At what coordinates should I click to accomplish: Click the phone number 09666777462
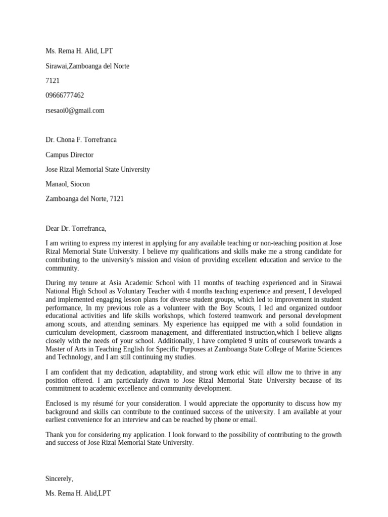tap(65, 95)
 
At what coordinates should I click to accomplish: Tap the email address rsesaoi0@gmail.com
tap(75, 110)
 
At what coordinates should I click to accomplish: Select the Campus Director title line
tap(69, 155)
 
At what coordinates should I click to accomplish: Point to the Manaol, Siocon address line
tap(68, 184)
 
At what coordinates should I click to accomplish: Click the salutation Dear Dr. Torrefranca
tap(76, 229)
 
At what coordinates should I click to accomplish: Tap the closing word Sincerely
tap(59, 479)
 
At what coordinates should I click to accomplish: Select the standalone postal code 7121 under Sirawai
tap(53, 81)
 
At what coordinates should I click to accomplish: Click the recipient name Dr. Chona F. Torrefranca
tap(81, 140)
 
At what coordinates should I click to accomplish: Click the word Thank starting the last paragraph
tap(55, 435)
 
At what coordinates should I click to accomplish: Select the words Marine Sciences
tap(318, 349)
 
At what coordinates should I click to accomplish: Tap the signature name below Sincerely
tap(78, 493)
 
